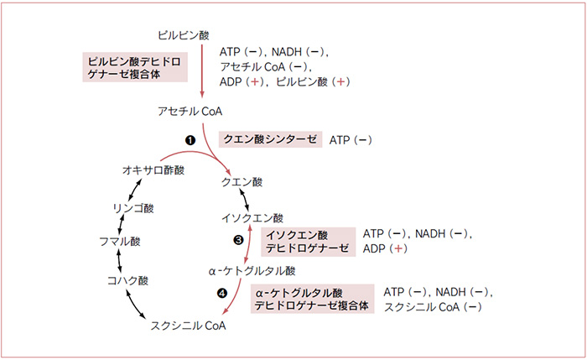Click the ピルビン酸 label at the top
[184, 35]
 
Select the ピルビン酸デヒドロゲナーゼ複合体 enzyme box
[135, 67]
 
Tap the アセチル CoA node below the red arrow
[190, 112]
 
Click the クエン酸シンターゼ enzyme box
[270, 139]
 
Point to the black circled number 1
[190, 140]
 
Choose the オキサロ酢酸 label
[153, 170]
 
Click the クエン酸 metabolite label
[242, 182]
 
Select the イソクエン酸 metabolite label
[252, 217]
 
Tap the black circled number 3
[238, 240]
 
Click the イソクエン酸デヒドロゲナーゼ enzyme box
[308, 242]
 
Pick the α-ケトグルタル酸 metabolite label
[252, 271]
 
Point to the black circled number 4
[222, 293]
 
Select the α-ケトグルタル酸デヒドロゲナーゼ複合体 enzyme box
[313, 299]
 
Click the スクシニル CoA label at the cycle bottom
[189, 326]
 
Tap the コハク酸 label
[127, 280]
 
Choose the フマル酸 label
[120, 242]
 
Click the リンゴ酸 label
[133, 208]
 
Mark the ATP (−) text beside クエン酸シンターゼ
[351, 140]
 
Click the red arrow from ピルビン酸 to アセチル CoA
[202, 71]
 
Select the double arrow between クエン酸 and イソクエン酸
[244, 200]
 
